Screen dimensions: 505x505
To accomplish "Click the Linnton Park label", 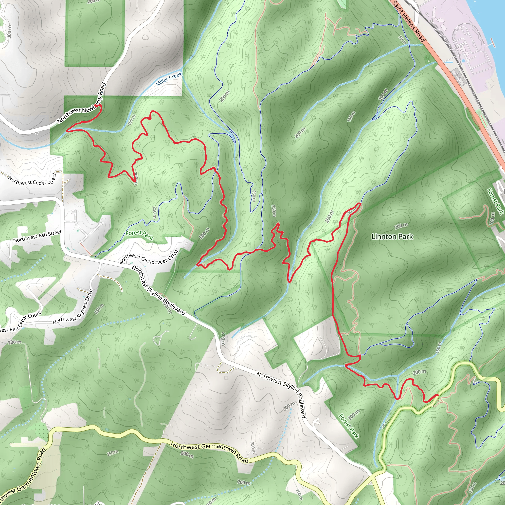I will (392, 236).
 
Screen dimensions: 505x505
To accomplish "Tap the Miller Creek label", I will (169, 79).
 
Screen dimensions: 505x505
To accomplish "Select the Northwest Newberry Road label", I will (82, 103).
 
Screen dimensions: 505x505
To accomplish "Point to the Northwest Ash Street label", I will (37, 236).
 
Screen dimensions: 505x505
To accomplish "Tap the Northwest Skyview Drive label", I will (73, 307).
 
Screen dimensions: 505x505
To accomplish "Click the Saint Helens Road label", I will (408, 21).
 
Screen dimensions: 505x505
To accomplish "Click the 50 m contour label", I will (402, 39).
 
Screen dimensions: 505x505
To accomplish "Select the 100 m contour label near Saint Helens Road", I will (383, 94).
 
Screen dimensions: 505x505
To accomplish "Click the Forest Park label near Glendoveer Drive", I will (139, 235).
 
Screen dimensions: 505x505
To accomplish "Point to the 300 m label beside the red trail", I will (204, 234).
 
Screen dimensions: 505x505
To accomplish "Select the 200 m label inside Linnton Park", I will (401, 226).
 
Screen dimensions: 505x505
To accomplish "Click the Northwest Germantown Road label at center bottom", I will (209, 451).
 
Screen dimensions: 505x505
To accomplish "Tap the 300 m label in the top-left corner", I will (9, 31).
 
